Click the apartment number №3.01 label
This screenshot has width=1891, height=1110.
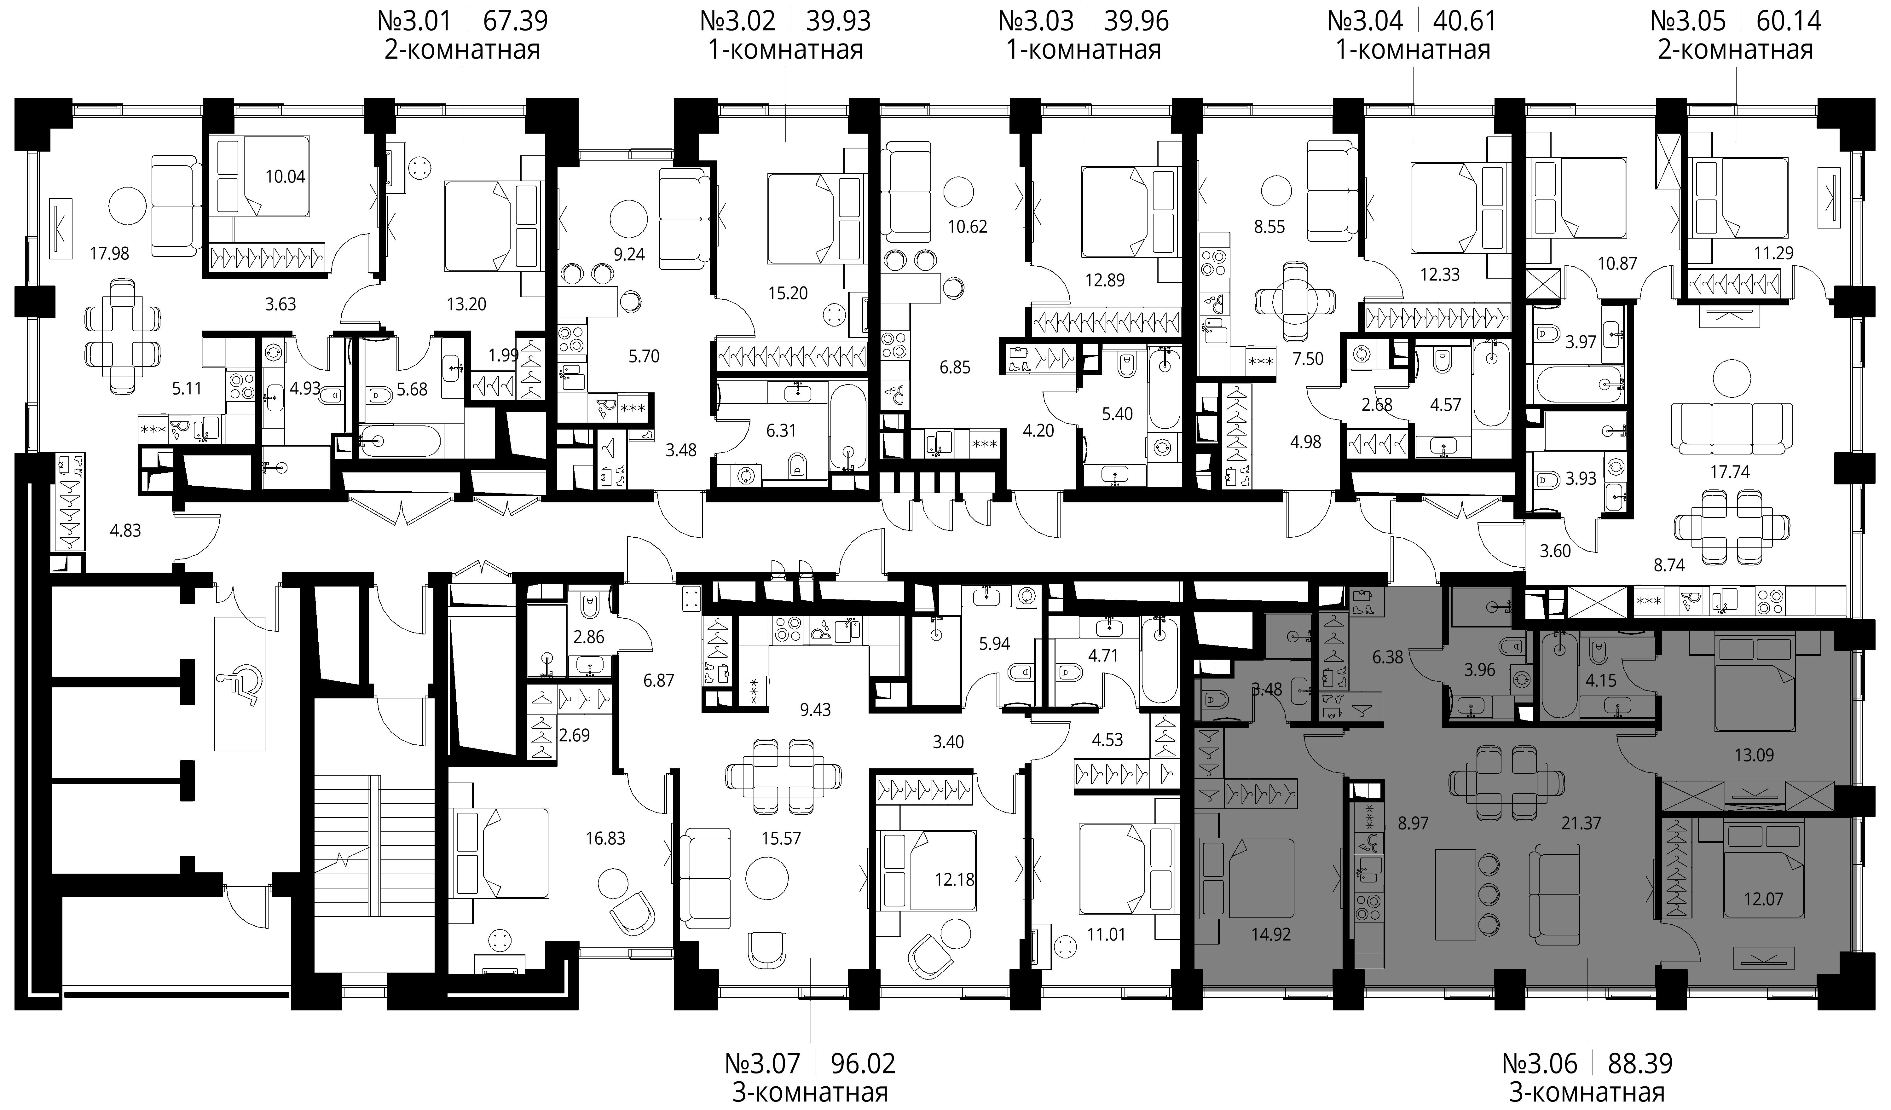pyautogui.click(x=414, y=21)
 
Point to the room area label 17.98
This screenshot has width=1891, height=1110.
pyautogui.click(x=110, y=254)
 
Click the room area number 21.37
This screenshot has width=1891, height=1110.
pyautogui.click(x=1581, y=823)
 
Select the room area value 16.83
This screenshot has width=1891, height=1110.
pyautogui.click(x=605, y=838)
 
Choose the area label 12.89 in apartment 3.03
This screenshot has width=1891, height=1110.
pyautogui.click(x=1105, y=281)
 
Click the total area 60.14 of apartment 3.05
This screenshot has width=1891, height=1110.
pyautogui.click(x=1789, y=21)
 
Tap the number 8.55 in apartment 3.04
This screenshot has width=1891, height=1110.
pyautogui.click(x=1270, y=227)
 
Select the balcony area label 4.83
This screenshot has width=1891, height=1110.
pyautogui.click(x=125, y=531)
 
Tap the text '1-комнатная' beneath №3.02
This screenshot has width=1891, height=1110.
pyautogui.click(x=786, y=50)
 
